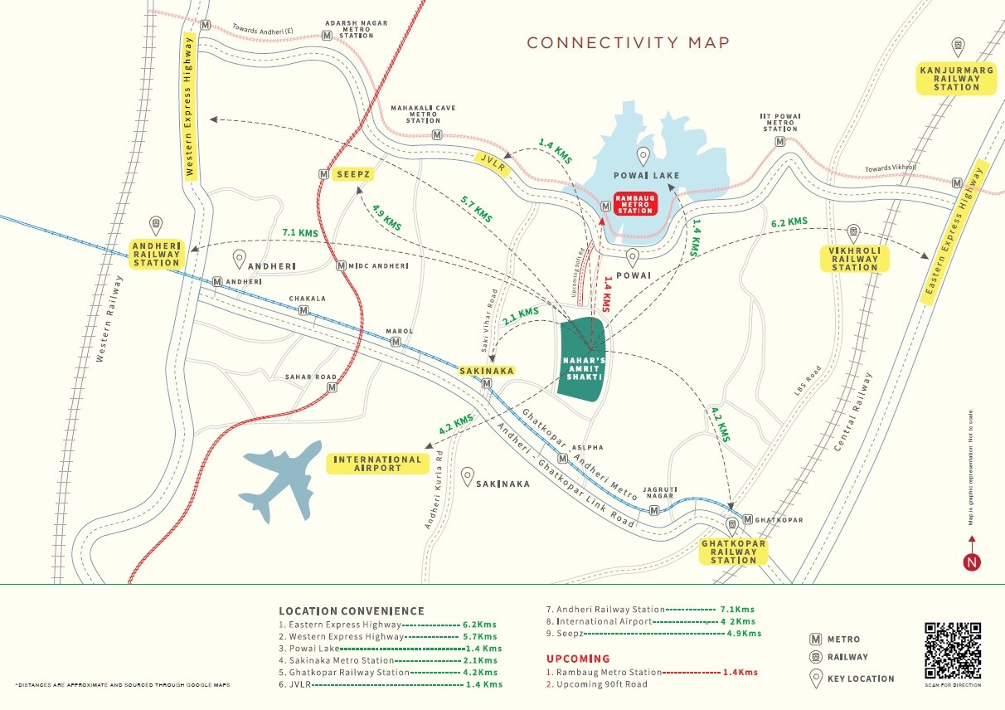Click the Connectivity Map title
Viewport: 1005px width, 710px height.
(x=629, y=43)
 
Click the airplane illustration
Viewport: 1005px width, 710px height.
(x=280, y=479)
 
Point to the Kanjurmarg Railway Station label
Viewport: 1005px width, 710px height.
(x=956, y=78)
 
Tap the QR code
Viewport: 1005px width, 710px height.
(x=953, y=650)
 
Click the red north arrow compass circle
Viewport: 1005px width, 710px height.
(x=973, y=562)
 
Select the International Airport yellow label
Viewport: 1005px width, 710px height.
(x=377, y=464)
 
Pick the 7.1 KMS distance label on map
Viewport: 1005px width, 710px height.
(x=300, y=233)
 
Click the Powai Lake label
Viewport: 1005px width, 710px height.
(x=647, y=175)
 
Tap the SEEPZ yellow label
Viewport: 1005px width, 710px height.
(x=352, y=174)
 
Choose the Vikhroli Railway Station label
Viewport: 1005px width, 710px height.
(x=854, y=259)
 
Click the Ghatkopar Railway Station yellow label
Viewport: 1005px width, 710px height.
(x=734, y=552)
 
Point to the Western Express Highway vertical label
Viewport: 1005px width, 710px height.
(x=190, y=107)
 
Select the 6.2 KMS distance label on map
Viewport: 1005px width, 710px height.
(x=789, y=222)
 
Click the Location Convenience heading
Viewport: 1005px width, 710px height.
(x=352, y=611)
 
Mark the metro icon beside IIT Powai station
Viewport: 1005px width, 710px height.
(x=780, y=142)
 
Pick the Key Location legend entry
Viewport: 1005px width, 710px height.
(x=860, y=678)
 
